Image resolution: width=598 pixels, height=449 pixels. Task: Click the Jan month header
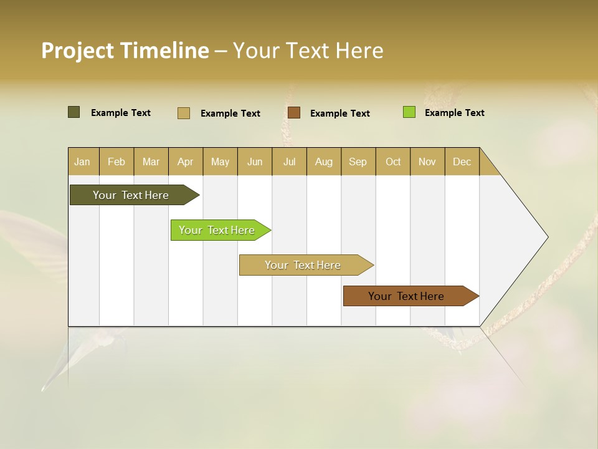(82, 162)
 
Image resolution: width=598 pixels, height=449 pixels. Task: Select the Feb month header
(116, 162)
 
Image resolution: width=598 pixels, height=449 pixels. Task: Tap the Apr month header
(185, 162)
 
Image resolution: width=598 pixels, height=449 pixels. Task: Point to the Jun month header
(255, 162)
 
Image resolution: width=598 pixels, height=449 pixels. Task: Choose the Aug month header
(323, 162)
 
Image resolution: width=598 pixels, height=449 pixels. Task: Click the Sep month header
(358, 162)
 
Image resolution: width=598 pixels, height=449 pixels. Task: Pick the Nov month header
(427, 162)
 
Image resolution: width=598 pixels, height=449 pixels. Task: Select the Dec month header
(462, 162)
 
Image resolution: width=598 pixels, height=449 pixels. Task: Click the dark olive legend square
(74, 112)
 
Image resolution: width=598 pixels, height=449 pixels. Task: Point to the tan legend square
(184, 113)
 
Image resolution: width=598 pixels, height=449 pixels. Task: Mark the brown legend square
(294, 112)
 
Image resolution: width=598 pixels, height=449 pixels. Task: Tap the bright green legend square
(409, 112)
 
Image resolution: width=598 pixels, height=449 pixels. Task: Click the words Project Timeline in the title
(125, 51)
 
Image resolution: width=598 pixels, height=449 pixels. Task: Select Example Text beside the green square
(454, 113)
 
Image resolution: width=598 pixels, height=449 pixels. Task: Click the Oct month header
(393, 162)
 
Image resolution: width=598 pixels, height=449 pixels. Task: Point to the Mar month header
(151, 162)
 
